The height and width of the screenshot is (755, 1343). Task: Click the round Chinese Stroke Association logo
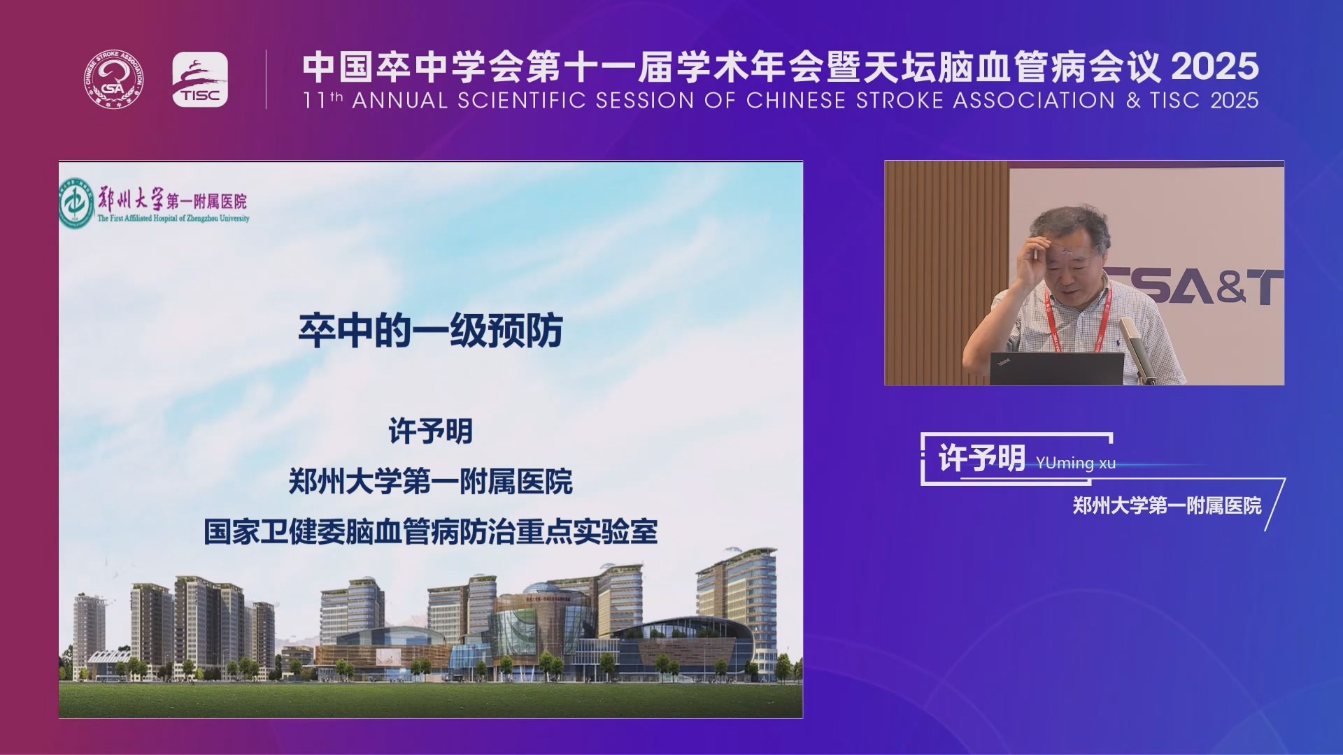pyautogui.click(x=114, y=80)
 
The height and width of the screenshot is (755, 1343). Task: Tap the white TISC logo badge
pyautogui.click(x=200, y=80)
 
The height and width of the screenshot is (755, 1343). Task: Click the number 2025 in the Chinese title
pyautogui.click(x=1215, y=67)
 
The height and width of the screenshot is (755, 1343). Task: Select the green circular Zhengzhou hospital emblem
pyautogui.click(x=76, y=203)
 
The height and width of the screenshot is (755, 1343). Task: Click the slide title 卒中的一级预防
pyautogui.click(x=431, y=331)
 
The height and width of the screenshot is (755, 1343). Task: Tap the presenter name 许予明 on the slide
pyautogui.click(x=431, y=431)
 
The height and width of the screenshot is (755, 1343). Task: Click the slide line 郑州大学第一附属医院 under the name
pyautogui.click(x=431, y=482)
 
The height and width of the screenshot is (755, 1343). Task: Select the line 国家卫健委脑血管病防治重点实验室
pyautogui.click(x=431, y=532)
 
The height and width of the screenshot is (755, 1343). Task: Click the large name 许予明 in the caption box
pyautogui.click(x=981, y=459)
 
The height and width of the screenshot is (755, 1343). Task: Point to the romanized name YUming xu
pyautogui.click(x=1076, y=463)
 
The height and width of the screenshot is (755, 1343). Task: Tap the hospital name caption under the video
pyautogui.click(x=1167, y=505)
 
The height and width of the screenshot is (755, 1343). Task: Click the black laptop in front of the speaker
pyautogui.click(x=1056, y=368)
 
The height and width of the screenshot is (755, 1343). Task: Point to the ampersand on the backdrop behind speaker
pyautogui.click(x=1232, y=287)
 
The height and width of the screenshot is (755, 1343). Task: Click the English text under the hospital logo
pyautogui.click(x=173, y=218)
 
